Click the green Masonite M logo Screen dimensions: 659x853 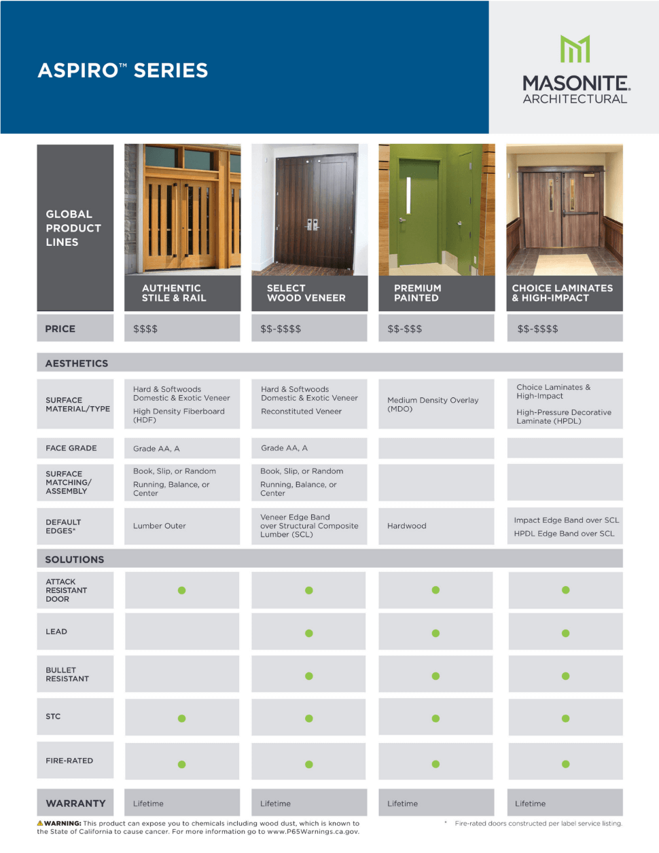point(575,49)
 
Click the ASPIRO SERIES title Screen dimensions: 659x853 point(123,71)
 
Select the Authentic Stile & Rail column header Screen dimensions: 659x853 point(174,293)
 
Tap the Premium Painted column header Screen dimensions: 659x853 point(418,293)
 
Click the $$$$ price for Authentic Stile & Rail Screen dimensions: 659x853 point(145,329)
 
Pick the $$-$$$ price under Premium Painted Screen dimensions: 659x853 point(405,329)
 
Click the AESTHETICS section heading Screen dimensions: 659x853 point(77,363)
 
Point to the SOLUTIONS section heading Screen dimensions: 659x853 point(75,560)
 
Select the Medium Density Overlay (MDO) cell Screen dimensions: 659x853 point(433,404)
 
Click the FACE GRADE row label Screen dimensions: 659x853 point(71,448)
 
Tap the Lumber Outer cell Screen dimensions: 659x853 point(160,526)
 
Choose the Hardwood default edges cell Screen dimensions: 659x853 point(407,526)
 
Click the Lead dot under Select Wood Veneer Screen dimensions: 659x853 point(309,633)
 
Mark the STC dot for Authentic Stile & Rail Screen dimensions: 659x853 point(181,718)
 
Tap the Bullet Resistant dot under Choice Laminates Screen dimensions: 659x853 point(565,676)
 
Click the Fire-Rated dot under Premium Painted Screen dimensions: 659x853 point(435,764)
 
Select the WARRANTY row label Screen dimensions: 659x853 point(75,803)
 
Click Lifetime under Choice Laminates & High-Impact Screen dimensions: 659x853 point(531,803)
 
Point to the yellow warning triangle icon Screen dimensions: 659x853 point(40,823)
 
